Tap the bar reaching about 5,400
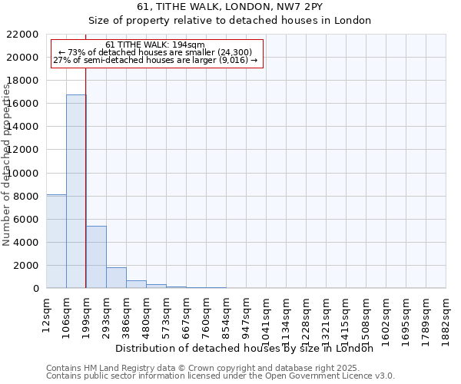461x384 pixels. coord(96,257)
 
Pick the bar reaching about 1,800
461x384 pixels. coord(116,278)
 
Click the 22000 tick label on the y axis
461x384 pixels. coord(23,35)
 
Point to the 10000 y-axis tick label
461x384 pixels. coord(23,173)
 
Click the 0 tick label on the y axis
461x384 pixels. coord(36,289)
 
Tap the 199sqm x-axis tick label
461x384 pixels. coord(87,313)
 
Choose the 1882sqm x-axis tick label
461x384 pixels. coord(446,316)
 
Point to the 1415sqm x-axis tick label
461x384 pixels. coord(347,316)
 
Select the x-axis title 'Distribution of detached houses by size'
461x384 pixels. coord(249,349)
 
